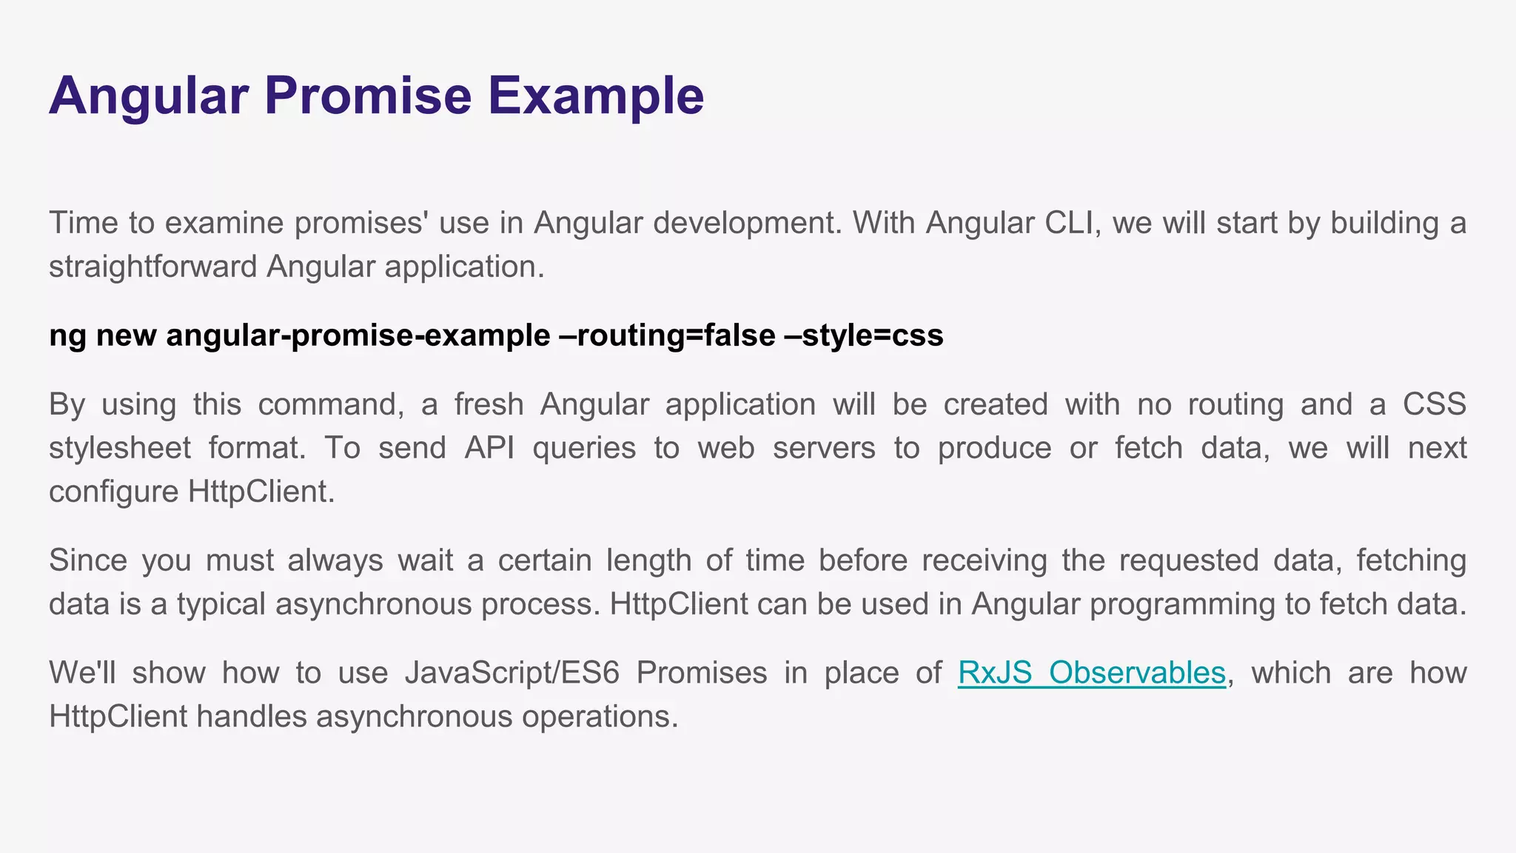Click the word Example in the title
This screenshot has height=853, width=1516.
pyautogui.click(x=595, y=96)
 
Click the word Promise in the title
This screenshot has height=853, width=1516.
pyautogui.click(x=368, y=96)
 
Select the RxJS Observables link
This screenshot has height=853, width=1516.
pyautogui.click(x=1092, y=672)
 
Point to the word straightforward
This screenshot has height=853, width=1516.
pyautogui.click(x=153, y=267)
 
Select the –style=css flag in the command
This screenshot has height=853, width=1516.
pyautogui.click(x=863, y=335)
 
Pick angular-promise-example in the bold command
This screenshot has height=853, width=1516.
pyautogui.click(x=358, y=335)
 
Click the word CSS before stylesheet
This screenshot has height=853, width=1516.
pyautogui.click(x=1434, y=404)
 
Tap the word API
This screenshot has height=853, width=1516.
pyautogui.click(x=489, y=448)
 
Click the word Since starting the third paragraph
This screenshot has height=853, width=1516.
pyautogui.click(x=88, y=561)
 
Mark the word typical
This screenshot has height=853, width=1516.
pyautogui.click(x=221, y=604)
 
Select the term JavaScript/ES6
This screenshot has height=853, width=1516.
pyautogui.click(x=512, y=672)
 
